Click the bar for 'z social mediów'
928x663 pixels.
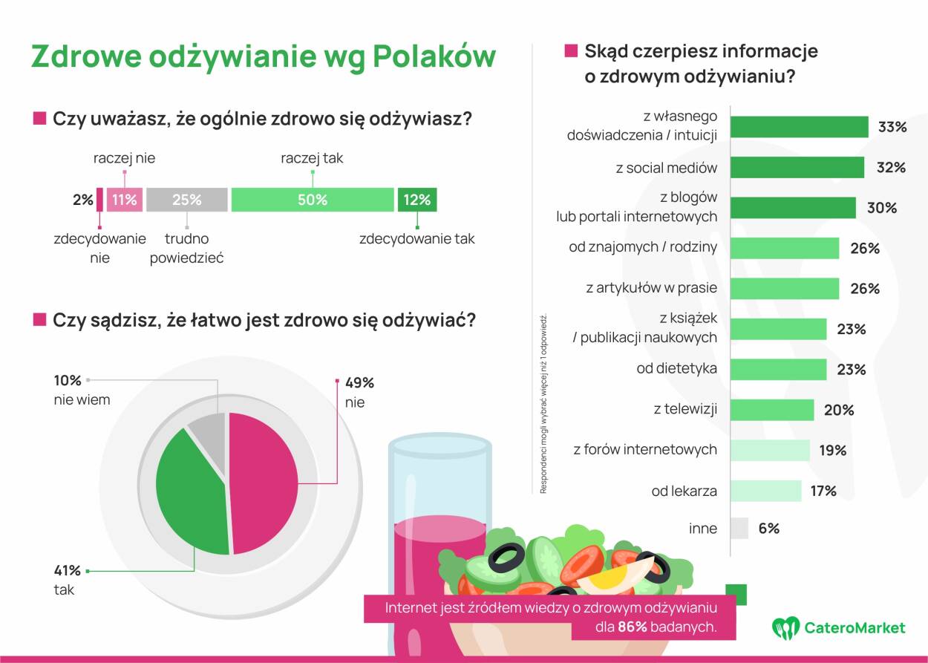797,167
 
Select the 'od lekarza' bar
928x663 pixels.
766,491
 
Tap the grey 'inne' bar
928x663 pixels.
739,529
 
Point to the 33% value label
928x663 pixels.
892,127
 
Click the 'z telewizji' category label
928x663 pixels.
685,409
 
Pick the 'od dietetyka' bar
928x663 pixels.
778,369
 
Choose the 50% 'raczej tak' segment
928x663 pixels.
313,200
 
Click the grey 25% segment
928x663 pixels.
186,200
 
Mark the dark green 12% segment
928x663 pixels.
417,200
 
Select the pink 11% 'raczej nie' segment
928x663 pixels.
124,200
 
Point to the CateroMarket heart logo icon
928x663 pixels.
785,628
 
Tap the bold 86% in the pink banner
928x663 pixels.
633,627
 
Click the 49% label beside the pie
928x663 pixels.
360,383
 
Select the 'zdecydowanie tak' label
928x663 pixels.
416,239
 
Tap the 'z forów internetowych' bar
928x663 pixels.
770,450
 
